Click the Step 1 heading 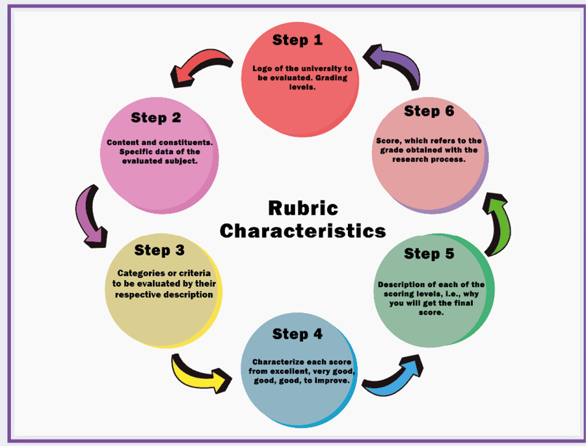(297, 40)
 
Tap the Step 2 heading (155, 118)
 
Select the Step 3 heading (159, 250)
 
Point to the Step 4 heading (297, 334)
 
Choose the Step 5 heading (429, 253)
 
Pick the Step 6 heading (429, 111)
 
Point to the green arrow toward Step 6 (498, 225)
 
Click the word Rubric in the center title (303, 208)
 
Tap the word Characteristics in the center (302, 230)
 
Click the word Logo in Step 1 (261, 68)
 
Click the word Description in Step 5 (402, 285)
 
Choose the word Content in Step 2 (123, 143)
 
